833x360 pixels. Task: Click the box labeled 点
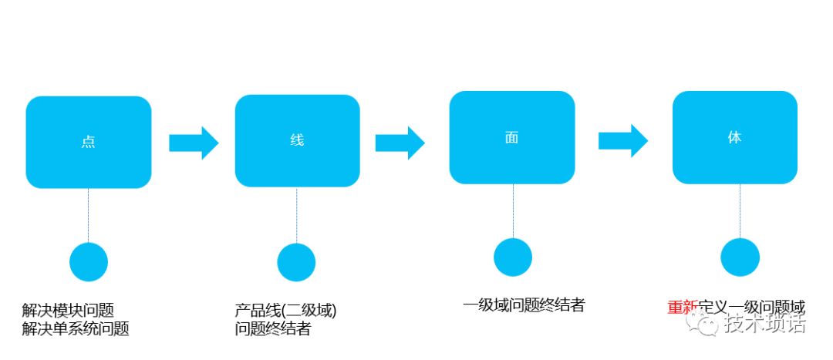pyautogui.click(x=89, y=142)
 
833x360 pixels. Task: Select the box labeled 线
pyautogui.click(x=297, y=140)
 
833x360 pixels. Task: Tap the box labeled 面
pyautogui.click(x=512, y=137)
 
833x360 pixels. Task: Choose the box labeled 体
pyautogui.click(x=734, y=137)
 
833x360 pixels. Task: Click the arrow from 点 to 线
pyautogui.click(x=194, y=143)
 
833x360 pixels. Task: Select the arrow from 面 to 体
pyautogui.click(x=622, y=140)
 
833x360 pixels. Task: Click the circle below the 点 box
pyautogui.click(x=89, y=262)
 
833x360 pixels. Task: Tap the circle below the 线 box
pyautogui.click(x=297, y=262)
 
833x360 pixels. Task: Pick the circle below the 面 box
pyautogui.click(x=513, y=257)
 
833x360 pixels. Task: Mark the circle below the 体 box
pyautogui.click(x=740, y=257)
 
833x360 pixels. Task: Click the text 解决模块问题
pyautogui.click(x=68, y=311)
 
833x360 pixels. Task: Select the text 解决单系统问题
pyautogui.click(x=76, y=329)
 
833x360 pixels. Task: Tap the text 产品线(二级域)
pyautogui.click(x=286, y=311)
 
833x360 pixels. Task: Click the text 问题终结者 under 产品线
pyautogui.click(x=273, y=329)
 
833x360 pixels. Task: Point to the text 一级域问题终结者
pyautogui.click(x=524, y=305)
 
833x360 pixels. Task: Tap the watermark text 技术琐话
pyautogui.click(x=764, y=325)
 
